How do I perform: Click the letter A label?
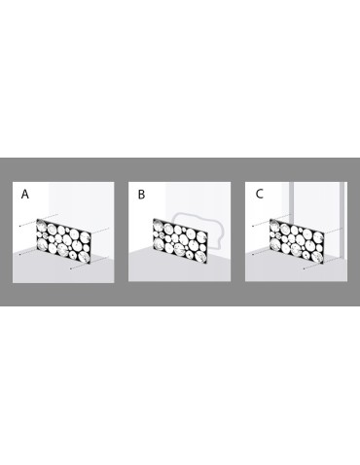pyautogui.click(x=25, y=195)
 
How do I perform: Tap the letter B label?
pyautogui.click(x=141, y=195)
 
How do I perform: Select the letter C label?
pyautogui.click(x=259, y=195)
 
